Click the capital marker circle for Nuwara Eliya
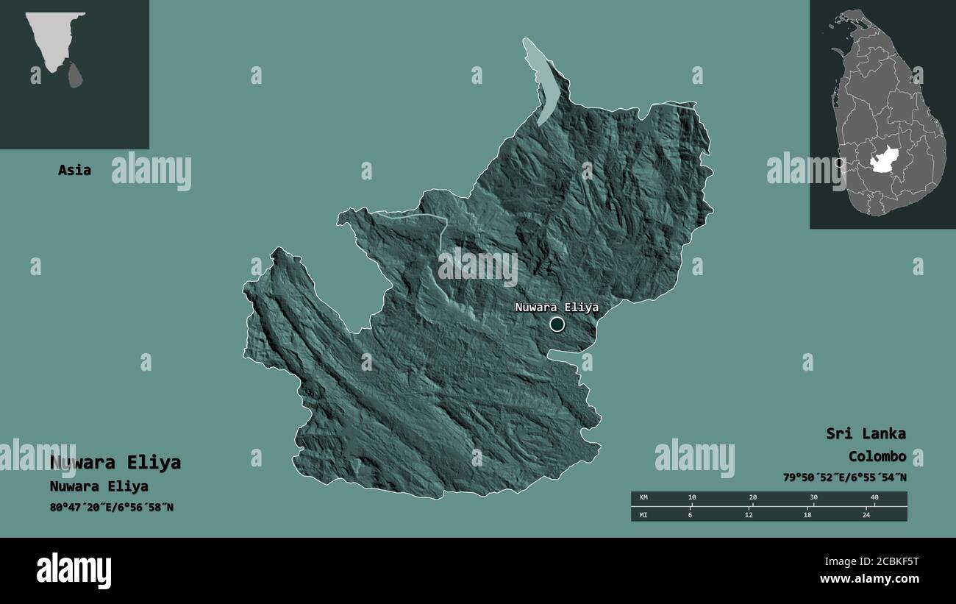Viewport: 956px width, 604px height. (557, 324)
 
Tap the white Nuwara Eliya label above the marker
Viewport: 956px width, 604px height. (557, 308)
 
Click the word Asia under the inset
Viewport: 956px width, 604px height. (74, 170)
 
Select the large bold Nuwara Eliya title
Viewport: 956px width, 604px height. (115, 463)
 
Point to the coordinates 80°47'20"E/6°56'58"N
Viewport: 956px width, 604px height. (112, 507)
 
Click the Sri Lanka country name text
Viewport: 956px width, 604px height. (866, 433)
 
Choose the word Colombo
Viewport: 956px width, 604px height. (877, 456)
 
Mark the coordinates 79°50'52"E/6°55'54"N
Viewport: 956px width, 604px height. (844, 477)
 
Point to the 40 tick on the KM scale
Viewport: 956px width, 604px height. (874, 498)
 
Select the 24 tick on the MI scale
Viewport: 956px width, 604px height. (866, 514)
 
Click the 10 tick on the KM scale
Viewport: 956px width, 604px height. (692, 498)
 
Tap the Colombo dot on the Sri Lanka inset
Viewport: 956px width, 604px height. (839, 163)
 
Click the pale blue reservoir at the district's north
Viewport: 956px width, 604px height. (542, 81)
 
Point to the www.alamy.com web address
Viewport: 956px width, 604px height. (870, 580)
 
